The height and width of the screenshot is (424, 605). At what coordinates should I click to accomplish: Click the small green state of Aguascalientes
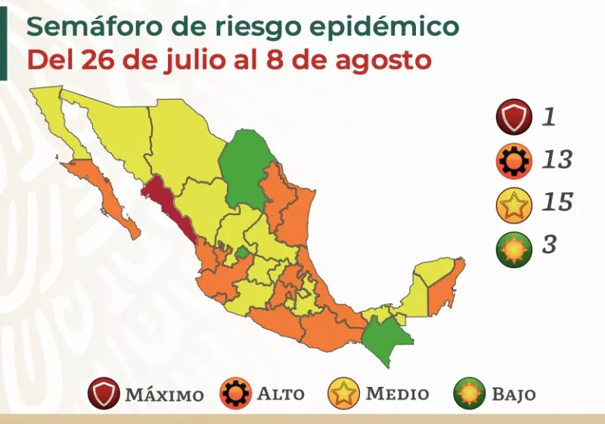pyautogui.click(x=241, y=252)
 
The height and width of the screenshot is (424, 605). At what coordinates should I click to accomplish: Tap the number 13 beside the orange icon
pyautogui.click(x=557, y=161)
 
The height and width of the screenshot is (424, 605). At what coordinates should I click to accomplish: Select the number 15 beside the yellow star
pyautogui.click(x=557, y=204)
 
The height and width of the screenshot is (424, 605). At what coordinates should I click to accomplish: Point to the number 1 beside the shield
pyautogui.click(x=549, y=117)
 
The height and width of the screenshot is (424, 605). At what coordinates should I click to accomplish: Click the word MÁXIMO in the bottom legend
pyautogui.click(x=164, y=395)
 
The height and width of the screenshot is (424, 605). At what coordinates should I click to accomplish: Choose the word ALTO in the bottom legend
pyautogui.click(x=282, y=394)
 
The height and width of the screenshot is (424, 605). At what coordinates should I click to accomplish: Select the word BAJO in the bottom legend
pyautogui.click(x=513, y=394)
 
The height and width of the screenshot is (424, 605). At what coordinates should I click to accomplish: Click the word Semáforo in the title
pyautogui.click(x=92, y=28)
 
